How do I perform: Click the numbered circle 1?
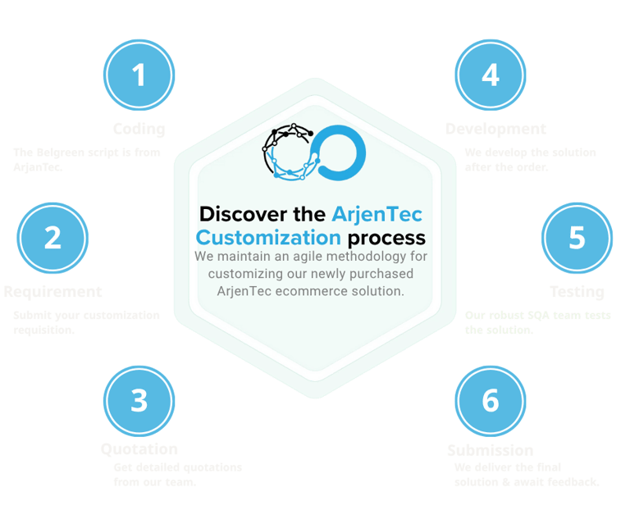point(139,75)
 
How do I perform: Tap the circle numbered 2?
point(52,238)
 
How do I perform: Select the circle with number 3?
point(139,400)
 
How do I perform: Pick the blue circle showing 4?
point(491,75)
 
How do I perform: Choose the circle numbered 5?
point(577,238)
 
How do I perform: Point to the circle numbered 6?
point(491,400)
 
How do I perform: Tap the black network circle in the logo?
point(286,152)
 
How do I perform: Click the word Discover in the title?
point(241,215)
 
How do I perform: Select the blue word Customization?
point(268,238)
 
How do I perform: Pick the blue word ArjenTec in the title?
point(377,215)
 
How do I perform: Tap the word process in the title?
point(386,238)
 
